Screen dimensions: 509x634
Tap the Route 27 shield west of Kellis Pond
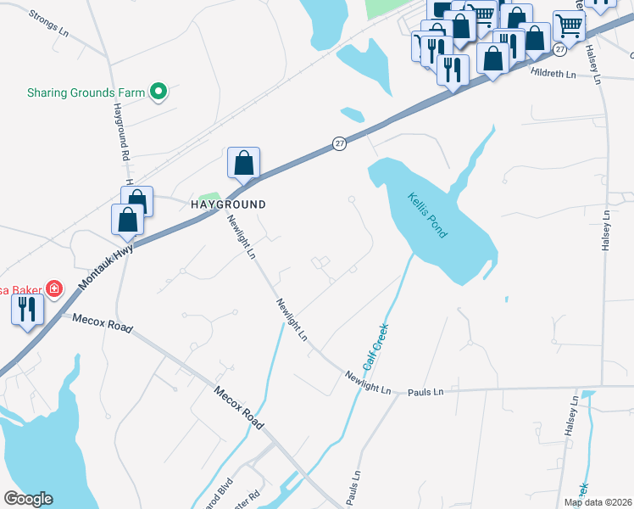tap(339, 143)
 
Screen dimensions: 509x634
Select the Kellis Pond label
tap(427, 215)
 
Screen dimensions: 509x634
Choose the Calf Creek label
tap(375, 347)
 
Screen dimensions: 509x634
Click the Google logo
tap(29, 498)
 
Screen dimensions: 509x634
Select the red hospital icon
tap(54, 289)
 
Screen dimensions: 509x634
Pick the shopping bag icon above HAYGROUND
tap(243, 162)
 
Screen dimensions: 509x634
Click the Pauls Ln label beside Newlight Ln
tap(425, 393)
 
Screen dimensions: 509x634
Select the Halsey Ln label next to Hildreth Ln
tap(596, 66)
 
